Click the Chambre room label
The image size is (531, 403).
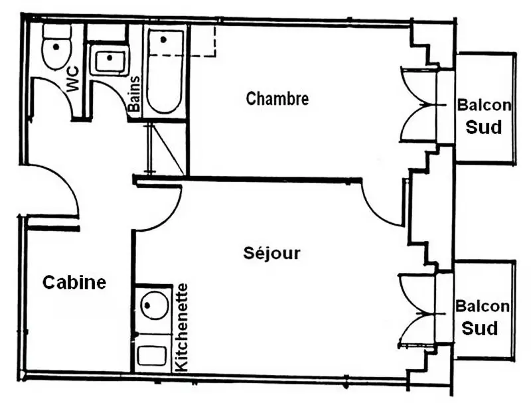pyautogui.click(x=277, y=98)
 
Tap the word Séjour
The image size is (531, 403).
pyautogui.click(x=271, y=253)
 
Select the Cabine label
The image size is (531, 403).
pyautogui.click(x=74, y=282)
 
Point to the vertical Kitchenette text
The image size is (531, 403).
pyautogui.click(x=182, y=327)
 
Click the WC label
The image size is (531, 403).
pyautogui.click(x=73, y=79)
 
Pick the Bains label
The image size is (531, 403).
pyautogui.click(x=134, y=94)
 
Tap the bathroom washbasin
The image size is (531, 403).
pyautogui.click(x=109, y=61)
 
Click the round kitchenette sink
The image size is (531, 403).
pyautogui.click(x=155, y=306)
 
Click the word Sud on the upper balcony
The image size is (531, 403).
pyautogui.click(x=484, y=127)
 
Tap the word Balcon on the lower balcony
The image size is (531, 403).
pyautogui.click(x=483, y=306)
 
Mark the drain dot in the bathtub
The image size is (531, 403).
pyautogui.click(x=163, y=40)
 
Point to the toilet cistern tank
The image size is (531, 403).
pyautogui.click(x=57, y=31)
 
